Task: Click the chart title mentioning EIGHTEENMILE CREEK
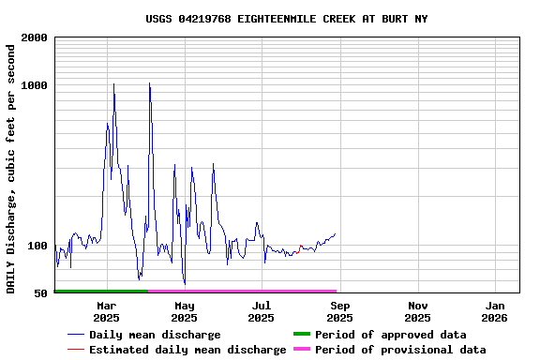pyautogui.click(x=287, y=19)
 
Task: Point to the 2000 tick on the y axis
pyautogui.click(x=35, y=38)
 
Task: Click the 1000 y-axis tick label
pyautogui.click(x=35, y=85)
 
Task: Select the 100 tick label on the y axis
pyautogui.click(x=37, y=247)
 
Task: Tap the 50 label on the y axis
pyautogui.click(x=41, y=293)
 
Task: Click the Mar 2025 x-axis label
pyautogui.click(x=107, y=311)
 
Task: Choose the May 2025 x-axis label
pyautogui.click(x=185, y=311)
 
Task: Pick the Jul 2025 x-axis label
pyautogui.click(x=262, y=311)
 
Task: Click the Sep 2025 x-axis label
pyautogui.click(x=340, y=311)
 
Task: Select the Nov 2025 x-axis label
pyautogui.click(x=418, y=311)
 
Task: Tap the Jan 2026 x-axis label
pyautogui.click(x=496, y=311)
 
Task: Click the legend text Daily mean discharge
pyautogui.click(x=155, y=335)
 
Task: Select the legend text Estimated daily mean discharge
pyautogui.click(x=187, y=350)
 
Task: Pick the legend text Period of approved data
pyautogui.click(x=390, y=335)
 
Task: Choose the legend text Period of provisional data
pyautogui.click(x=400, y=350)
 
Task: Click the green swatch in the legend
pyautogui.click(x=301, y=335)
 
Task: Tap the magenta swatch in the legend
pyautogui.click(x=301, y=350)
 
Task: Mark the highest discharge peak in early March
pyautogui.click(x=113, y=84)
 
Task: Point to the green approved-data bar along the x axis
pyautogui.click(x=101, y=292)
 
